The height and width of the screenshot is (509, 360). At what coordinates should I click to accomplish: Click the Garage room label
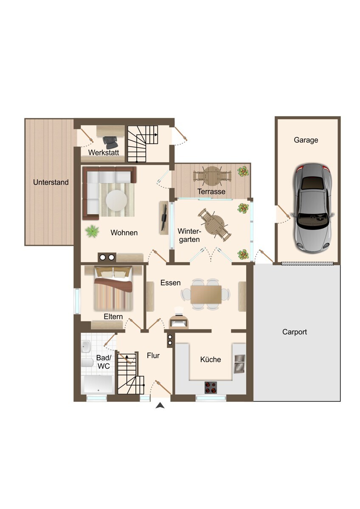pyautogui.click(x=306, y=140)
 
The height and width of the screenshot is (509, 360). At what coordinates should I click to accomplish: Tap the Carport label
pyautogui.click(x=295, y=332)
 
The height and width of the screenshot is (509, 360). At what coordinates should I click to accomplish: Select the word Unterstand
pyautogui.click(x=51, y=182)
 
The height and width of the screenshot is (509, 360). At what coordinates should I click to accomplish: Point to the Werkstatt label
pyautogui.click(x=104, y=152)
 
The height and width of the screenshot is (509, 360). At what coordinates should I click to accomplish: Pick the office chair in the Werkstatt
pyautogui.click(x=110, y=142)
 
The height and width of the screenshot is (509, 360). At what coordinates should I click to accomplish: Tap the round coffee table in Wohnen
pyautogui.click(x=116, y=200)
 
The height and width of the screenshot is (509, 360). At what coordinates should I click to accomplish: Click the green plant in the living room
pyautogui.click(x=92, y=231)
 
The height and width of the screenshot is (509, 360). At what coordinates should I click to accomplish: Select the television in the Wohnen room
pyautogui.click(x=164, y=218)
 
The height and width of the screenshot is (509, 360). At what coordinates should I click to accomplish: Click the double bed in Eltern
pyautogui.click(x=113, y=289)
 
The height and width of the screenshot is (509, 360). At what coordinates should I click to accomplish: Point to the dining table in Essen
pyautogui.click(x=206, y=294)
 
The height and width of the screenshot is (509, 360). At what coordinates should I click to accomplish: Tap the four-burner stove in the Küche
pyautogui.click(x=211, y=387)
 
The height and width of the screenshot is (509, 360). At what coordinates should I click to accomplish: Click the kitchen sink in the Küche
pyautogui.click(x=239, y=364)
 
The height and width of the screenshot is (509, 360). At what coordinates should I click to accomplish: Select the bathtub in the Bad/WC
pyautogui.click(x=98, y=384)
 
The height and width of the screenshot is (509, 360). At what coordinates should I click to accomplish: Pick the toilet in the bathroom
pyautogui.click(x=87, y=363)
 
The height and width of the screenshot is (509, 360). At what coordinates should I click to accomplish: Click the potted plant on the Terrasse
pyautogui.click(x=243, y=171)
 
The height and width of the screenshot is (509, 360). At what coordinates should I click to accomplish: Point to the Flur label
pyautogui.click(x=153, y=355)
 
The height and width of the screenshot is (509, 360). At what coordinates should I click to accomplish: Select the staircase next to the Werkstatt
pyautogui.click(x=142, y=144)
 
